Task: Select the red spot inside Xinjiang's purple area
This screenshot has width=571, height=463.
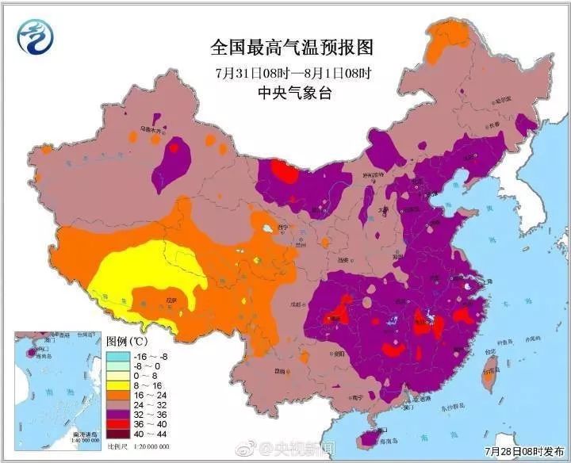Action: click(x=174, y=147)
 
